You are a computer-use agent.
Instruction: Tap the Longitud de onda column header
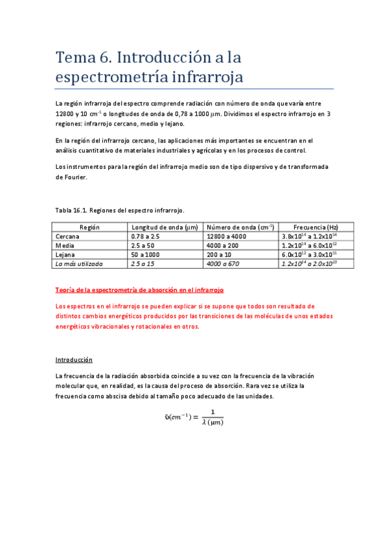pyautogui.click(x=165, y=228)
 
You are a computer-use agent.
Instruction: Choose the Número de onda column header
pyautogui.click(x=240, y=228)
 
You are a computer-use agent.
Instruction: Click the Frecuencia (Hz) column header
pyautogui.click(x=315, y=228)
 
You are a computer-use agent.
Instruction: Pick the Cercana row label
pyautogui.click(x=69, y=237)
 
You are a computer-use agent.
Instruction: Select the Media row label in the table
pyautogui.click(x=65, y=246)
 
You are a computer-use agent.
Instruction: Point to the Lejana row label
pyautogui.click(x=67, y=255)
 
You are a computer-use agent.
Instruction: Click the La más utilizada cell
pyautogui.click(x=79, y=264)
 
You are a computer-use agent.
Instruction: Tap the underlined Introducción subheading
pyautogui.click(x=74, y=359)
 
